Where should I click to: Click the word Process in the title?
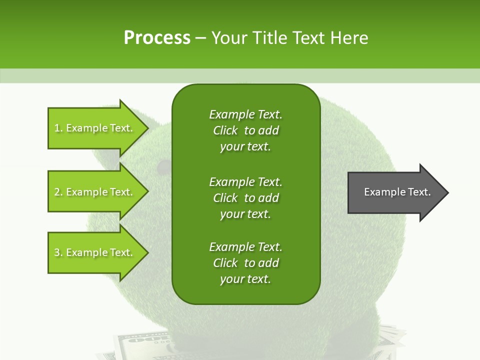click(x=157, y=38)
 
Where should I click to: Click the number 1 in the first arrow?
click(x=57, y=128)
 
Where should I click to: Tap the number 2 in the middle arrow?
click(x=57, y=192)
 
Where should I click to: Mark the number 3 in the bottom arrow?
click(x=57, y=253)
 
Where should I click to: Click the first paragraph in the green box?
click(x=245, y=130)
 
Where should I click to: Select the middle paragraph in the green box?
click(x=245, y=198)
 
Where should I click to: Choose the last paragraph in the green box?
click(x=245, y=263)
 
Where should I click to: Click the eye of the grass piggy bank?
click(x=162, y=165)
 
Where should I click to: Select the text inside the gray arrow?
click(x=397, y=192)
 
